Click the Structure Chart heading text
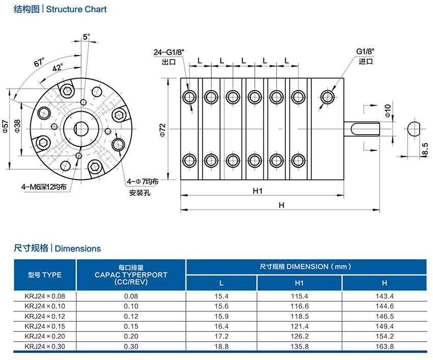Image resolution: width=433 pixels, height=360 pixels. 76,9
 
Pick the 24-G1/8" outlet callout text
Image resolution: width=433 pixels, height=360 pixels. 169,53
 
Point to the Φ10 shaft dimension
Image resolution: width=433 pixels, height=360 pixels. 388,111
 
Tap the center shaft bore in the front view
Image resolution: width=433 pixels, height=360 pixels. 80,128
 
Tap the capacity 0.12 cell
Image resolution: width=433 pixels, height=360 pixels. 131,316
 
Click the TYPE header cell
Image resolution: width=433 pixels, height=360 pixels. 45,274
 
